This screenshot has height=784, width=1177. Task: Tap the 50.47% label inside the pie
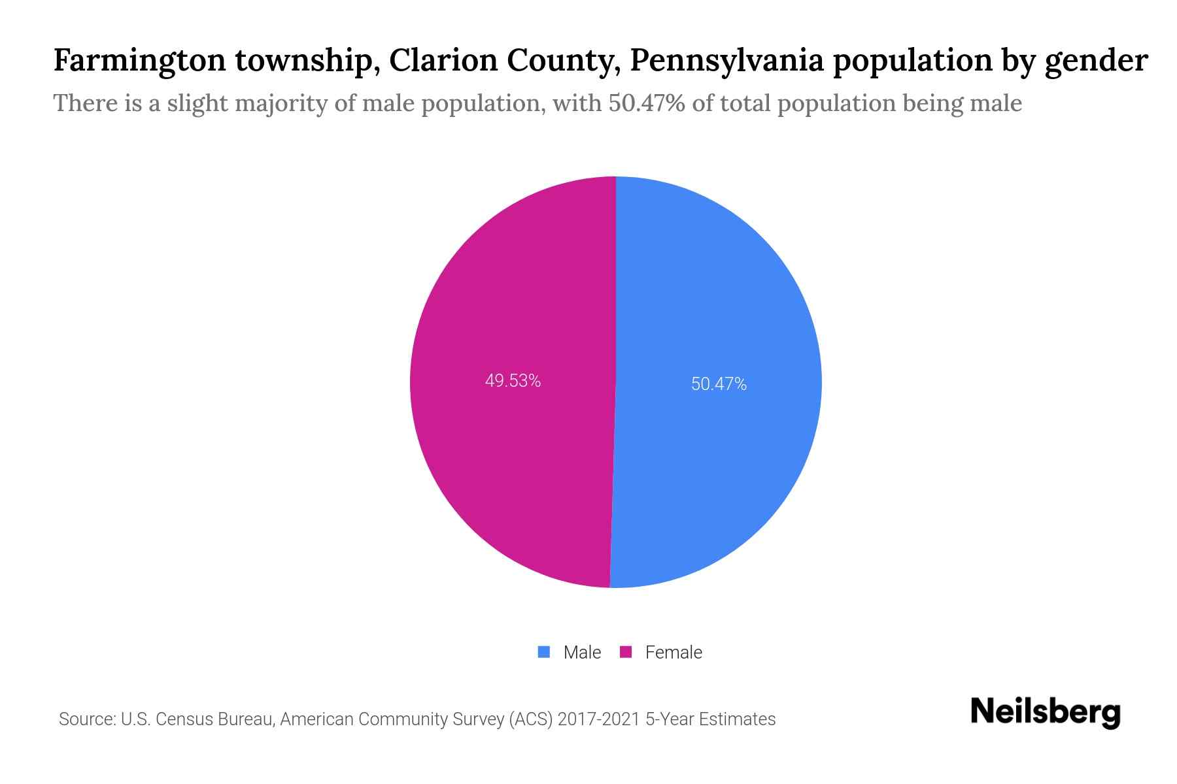[719, 384]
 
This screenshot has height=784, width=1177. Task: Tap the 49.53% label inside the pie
[513, 381]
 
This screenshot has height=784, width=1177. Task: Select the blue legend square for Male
[543, 652]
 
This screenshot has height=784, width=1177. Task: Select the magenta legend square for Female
[626, 652]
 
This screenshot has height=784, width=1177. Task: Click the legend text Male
[582, 653]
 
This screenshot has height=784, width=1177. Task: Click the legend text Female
[674, 653]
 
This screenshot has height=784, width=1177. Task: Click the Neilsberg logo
[1045, 712]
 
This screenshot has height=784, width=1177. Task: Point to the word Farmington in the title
[139, 61]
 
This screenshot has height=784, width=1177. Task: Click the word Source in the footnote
[86, 719]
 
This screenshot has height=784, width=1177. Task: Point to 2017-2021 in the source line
[598, 719]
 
